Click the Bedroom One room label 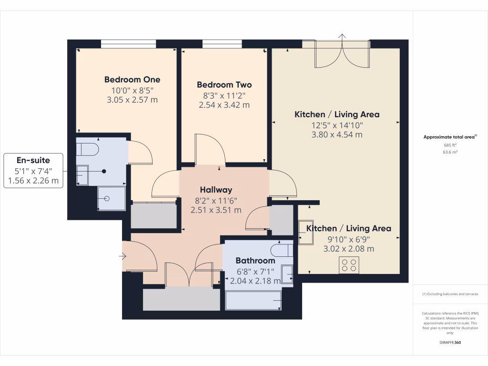(x=132, y=80)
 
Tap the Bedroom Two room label (x=224, y=85)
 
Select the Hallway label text (x=216, y=190)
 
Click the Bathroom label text (x=255, y=261)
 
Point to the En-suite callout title (x=33, y=161)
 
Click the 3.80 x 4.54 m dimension (x=336, y=134)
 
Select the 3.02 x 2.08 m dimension (x=348, y=249)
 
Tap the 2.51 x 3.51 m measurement (x=216, y=210)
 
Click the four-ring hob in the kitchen (x=349, y=265)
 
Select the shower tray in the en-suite (x=111, y=198)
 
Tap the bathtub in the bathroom (x=254, y=301)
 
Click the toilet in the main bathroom (x=281, y=250)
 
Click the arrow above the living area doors (x=342, y=36)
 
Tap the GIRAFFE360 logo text (x=450, y=343)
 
